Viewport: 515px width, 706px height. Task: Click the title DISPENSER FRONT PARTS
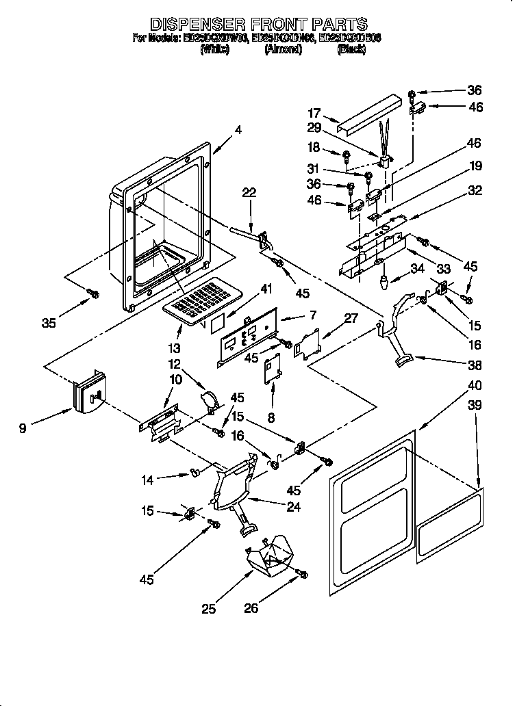pyautogui.click(x=257, y=25)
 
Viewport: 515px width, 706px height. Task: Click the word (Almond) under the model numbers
pyautogui.click(x=283, y=50)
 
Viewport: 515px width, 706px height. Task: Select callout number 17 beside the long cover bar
pyautogui.click(x=314, y=114)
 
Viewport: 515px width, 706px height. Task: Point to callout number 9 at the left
pyautogui.click(x=24, y=429)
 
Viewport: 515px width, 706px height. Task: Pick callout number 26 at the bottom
pyautogui.click(x=251, y=607)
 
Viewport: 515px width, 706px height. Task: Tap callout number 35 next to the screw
pyautogui.click(x=49, y=324)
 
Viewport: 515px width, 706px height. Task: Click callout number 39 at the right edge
pyautogui.click(x=474, y=406)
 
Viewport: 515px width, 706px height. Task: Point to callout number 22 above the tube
pyautogui.click(x=249, y=193)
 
